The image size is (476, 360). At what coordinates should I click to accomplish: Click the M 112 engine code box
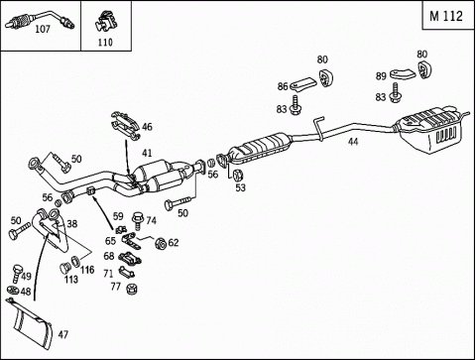tap(448, 15)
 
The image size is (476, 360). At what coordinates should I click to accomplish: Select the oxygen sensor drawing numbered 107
tap(40, 20)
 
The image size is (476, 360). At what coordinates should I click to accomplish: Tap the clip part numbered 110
tap(105, 23)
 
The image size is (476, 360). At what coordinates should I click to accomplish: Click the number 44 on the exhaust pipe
tap(353, 142)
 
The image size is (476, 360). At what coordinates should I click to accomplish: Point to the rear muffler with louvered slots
tap(431, 128)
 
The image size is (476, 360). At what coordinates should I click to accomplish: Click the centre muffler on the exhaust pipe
tap(261, 148)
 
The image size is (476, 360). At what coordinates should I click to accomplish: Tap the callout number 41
tap(147, 153)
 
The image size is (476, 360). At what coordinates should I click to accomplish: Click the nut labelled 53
tap(237, 175)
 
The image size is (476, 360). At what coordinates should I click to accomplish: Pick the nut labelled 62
tap(161, 244)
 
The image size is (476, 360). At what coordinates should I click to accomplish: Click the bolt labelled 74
tap(137, 220)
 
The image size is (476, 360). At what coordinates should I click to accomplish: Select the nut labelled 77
tap(132, 289)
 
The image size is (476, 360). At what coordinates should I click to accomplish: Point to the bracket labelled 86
tap(302, 84)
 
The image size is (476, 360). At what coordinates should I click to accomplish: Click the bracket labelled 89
tap(403, 74)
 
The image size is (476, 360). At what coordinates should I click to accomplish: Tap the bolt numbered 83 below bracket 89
tap(395, 92)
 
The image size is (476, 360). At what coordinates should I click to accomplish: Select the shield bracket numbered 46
tap(126, 126)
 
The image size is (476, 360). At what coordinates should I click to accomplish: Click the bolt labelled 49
tap(17, 273)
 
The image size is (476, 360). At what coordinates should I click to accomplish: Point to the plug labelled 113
tap(64, 268)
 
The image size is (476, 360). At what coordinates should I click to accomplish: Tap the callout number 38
tap(71, 224)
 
